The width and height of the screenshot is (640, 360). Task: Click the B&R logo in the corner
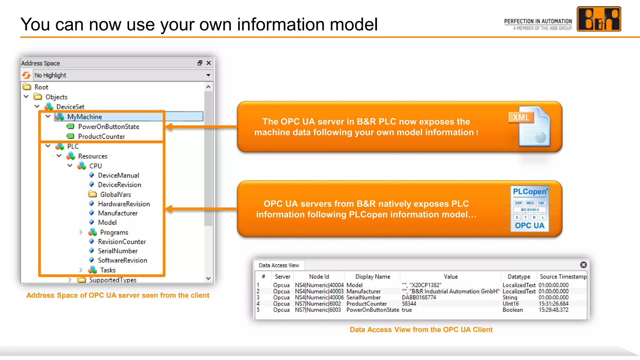tap(598, 19)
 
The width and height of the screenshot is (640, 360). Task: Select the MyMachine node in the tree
tap(84, 117)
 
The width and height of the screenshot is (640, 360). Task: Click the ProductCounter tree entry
tap(101, 137)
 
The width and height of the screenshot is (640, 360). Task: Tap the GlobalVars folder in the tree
tap(115, 194)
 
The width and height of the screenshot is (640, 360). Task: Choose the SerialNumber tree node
tap(117, 251)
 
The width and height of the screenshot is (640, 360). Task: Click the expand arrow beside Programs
tap(81, 232)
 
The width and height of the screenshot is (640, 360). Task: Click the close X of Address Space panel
tap(209, 63)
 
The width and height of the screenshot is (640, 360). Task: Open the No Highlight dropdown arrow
tap(208, 75)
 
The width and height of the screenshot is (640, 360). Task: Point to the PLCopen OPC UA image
tap(530, 209)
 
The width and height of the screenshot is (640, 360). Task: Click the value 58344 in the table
tap(409, 304)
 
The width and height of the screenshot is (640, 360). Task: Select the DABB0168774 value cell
tap(419, 297)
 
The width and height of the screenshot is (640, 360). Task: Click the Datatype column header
tap(519, 277)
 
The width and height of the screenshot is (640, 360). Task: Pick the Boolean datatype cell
tap(512, 310)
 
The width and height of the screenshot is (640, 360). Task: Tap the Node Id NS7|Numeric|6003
tap(318, 310)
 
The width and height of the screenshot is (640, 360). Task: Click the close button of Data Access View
tap(583, 265)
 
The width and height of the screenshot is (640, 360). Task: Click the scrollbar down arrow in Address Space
tap(208, 278)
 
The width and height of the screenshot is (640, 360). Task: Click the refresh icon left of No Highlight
tap(27, 75)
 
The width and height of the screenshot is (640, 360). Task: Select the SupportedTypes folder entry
tap(112, 280)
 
